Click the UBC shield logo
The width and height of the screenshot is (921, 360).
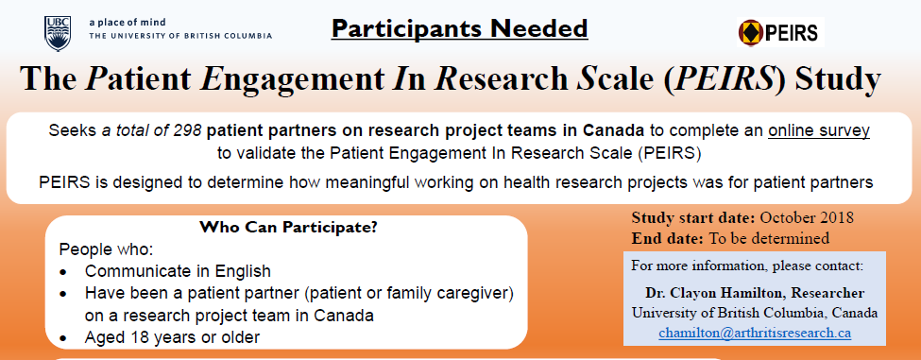(57, 33)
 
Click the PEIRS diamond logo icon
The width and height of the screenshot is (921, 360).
(751, 32)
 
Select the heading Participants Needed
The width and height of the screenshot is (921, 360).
(459, 28)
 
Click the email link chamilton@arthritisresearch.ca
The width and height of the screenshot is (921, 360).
(755, 333)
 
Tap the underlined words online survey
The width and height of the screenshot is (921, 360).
(819, 130)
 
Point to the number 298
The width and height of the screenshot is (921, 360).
(188, 130)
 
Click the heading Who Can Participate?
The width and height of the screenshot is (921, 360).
(288, 228)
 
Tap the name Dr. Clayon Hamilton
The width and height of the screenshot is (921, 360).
(717, 293)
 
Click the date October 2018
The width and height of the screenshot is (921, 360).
(807, 218)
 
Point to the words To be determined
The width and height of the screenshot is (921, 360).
(770, 238)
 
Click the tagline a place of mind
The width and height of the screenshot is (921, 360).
(128, 23)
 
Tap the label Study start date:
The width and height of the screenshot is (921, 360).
(693, 218)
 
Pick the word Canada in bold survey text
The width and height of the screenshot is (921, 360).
(614, 130)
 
